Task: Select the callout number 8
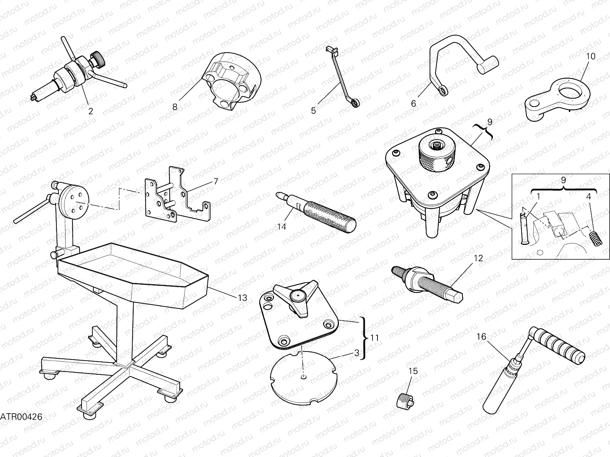[175, 107]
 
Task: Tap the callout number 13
[242, 298]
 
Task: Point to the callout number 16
[482, 336]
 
